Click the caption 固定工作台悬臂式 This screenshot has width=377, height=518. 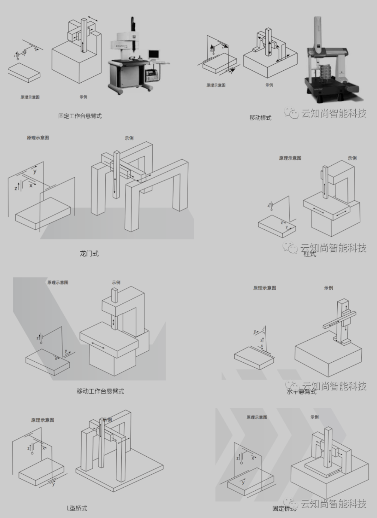coord(80,116)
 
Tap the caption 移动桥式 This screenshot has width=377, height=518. coord(260,118)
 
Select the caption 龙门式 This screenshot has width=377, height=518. coord(89,254)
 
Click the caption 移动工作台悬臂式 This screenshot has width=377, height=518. coord(100,391)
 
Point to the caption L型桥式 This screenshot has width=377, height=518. coord(77,508)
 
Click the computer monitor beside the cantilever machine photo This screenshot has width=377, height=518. coord(153,55)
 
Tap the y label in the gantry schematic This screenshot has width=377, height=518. coord(35,172)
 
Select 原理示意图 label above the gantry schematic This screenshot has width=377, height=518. coord(38,138)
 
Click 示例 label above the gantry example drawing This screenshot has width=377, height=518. coord(129,138)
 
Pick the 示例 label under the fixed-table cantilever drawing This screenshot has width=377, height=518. coord(83,97)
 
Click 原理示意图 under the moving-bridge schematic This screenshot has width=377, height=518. coord(216,85)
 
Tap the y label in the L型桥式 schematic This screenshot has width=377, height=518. coord(54,484)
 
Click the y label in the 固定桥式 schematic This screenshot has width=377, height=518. coord(243,482)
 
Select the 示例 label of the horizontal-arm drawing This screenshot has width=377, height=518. coord(328,288)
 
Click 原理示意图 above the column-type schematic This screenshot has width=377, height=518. coord(290,158)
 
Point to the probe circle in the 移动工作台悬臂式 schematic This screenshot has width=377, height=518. coord(41,342)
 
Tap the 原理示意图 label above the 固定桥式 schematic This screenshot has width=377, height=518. coord(257,417)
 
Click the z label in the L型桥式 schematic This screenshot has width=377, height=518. coord(28,448)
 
